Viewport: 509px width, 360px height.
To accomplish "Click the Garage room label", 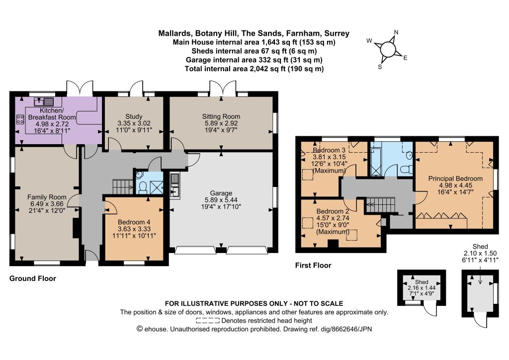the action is click(221, 193).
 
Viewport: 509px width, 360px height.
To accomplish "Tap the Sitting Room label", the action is click(221, 116).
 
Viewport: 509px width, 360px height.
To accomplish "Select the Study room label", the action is click(134, 116).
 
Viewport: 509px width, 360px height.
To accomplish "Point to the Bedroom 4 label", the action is click(134, 222).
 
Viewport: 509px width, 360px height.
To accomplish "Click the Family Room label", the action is click(47, 197).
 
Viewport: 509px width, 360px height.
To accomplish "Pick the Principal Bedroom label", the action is click(455, 179).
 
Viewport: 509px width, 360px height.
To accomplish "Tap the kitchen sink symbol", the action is click(44, 101).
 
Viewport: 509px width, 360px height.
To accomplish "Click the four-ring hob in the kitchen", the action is click(20, 119).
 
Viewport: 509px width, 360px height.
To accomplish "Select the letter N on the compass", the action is click(396, 32).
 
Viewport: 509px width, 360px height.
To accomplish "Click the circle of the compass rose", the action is click(388, 50).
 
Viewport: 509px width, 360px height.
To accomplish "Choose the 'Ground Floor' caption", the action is click(33, 278).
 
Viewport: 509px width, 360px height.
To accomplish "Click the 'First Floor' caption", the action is click(313, 266).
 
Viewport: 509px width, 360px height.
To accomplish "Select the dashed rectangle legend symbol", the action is click(208, 321).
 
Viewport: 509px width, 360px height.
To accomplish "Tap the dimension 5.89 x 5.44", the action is click(221, 200).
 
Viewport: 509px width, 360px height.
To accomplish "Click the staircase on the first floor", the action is click(381, 205).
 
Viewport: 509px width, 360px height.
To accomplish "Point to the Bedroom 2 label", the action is click(333, 211).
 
